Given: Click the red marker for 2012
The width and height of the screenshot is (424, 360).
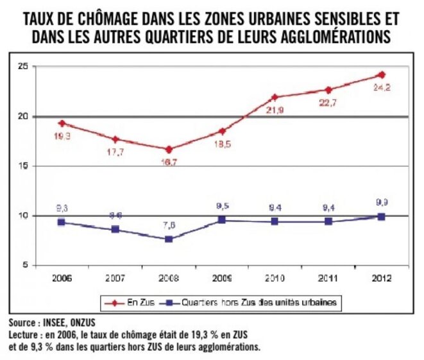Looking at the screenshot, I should click(x=382, y=74).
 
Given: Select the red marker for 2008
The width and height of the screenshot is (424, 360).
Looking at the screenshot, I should click(x=169, y=149).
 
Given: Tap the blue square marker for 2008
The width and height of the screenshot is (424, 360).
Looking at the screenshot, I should click(x=169, y=239).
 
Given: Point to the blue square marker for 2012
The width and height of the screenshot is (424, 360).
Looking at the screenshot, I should click(x=382, y=217).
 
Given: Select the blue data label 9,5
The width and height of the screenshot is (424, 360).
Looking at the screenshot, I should click(x=223, y=207).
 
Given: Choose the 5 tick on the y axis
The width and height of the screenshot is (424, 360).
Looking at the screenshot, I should click(x=23, y=265).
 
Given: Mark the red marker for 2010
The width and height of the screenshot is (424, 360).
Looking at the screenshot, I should click(x=275, y=98).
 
